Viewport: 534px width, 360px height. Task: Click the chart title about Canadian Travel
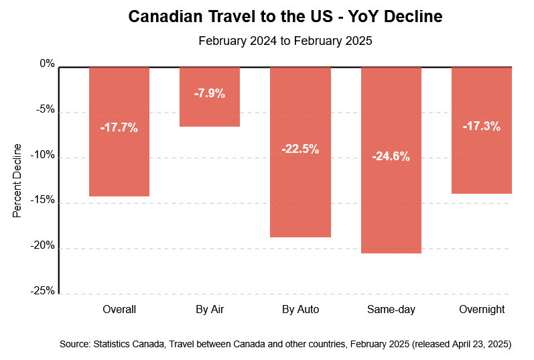(x=285, y=16)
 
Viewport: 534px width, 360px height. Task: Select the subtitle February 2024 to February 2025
(x=285, y=40)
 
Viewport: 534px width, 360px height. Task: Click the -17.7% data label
(x=119, y=127)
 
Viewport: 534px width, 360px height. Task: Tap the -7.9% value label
(x=210, y=94)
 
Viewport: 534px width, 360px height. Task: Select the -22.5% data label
(x=300, y=149)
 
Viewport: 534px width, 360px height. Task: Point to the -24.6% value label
(x=391, y=157)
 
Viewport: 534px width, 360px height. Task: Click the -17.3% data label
(x=481, y=125)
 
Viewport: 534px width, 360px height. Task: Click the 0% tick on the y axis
(x=47, y=64)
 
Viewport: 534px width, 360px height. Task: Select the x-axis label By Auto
(x=300, y=310)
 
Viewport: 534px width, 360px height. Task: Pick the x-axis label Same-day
(x=391, y=310)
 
